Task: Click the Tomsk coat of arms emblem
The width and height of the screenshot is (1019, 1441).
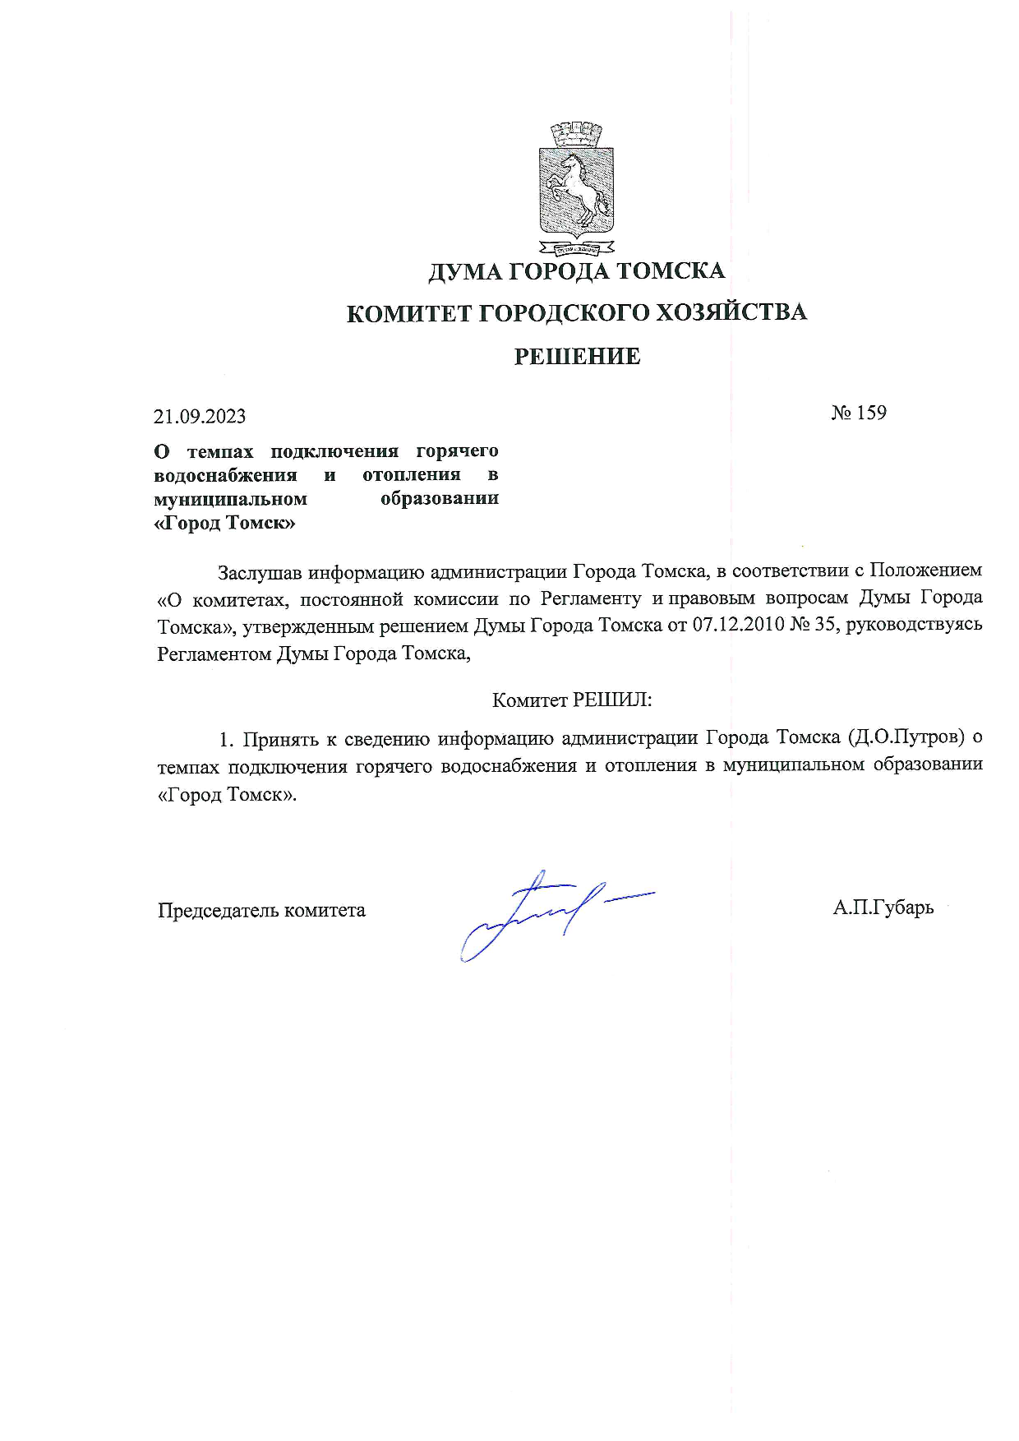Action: (576, 189)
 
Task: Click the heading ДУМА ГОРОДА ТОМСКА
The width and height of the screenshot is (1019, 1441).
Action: (576, 271)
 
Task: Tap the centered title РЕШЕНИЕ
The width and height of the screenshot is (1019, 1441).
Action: (577, 357)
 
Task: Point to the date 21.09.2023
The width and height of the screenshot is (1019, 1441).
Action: (200, 417)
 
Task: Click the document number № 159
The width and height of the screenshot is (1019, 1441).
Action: (859, 413)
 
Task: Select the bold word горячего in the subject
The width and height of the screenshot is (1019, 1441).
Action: (457, 451)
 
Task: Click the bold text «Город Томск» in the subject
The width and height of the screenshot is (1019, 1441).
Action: (225, 524)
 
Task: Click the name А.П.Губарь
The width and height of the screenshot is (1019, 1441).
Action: (883, 908)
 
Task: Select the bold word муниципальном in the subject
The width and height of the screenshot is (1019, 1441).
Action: (231, 499)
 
